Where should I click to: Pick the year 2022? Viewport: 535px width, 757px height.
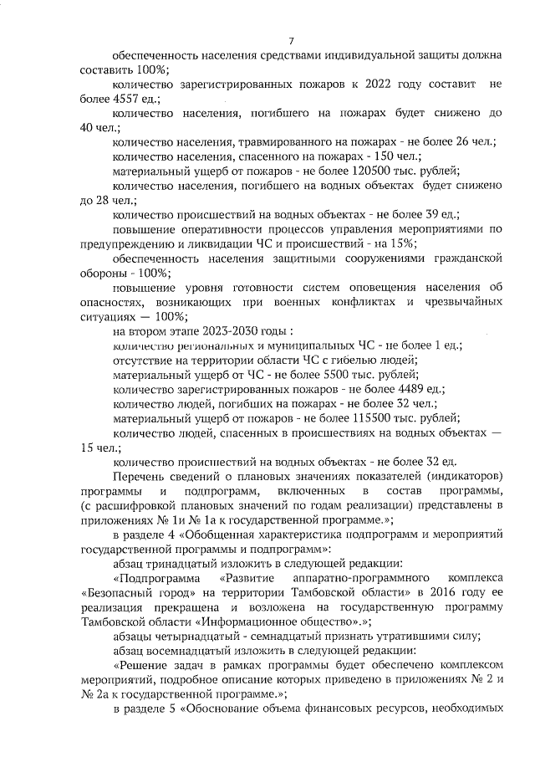[380, 84]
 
